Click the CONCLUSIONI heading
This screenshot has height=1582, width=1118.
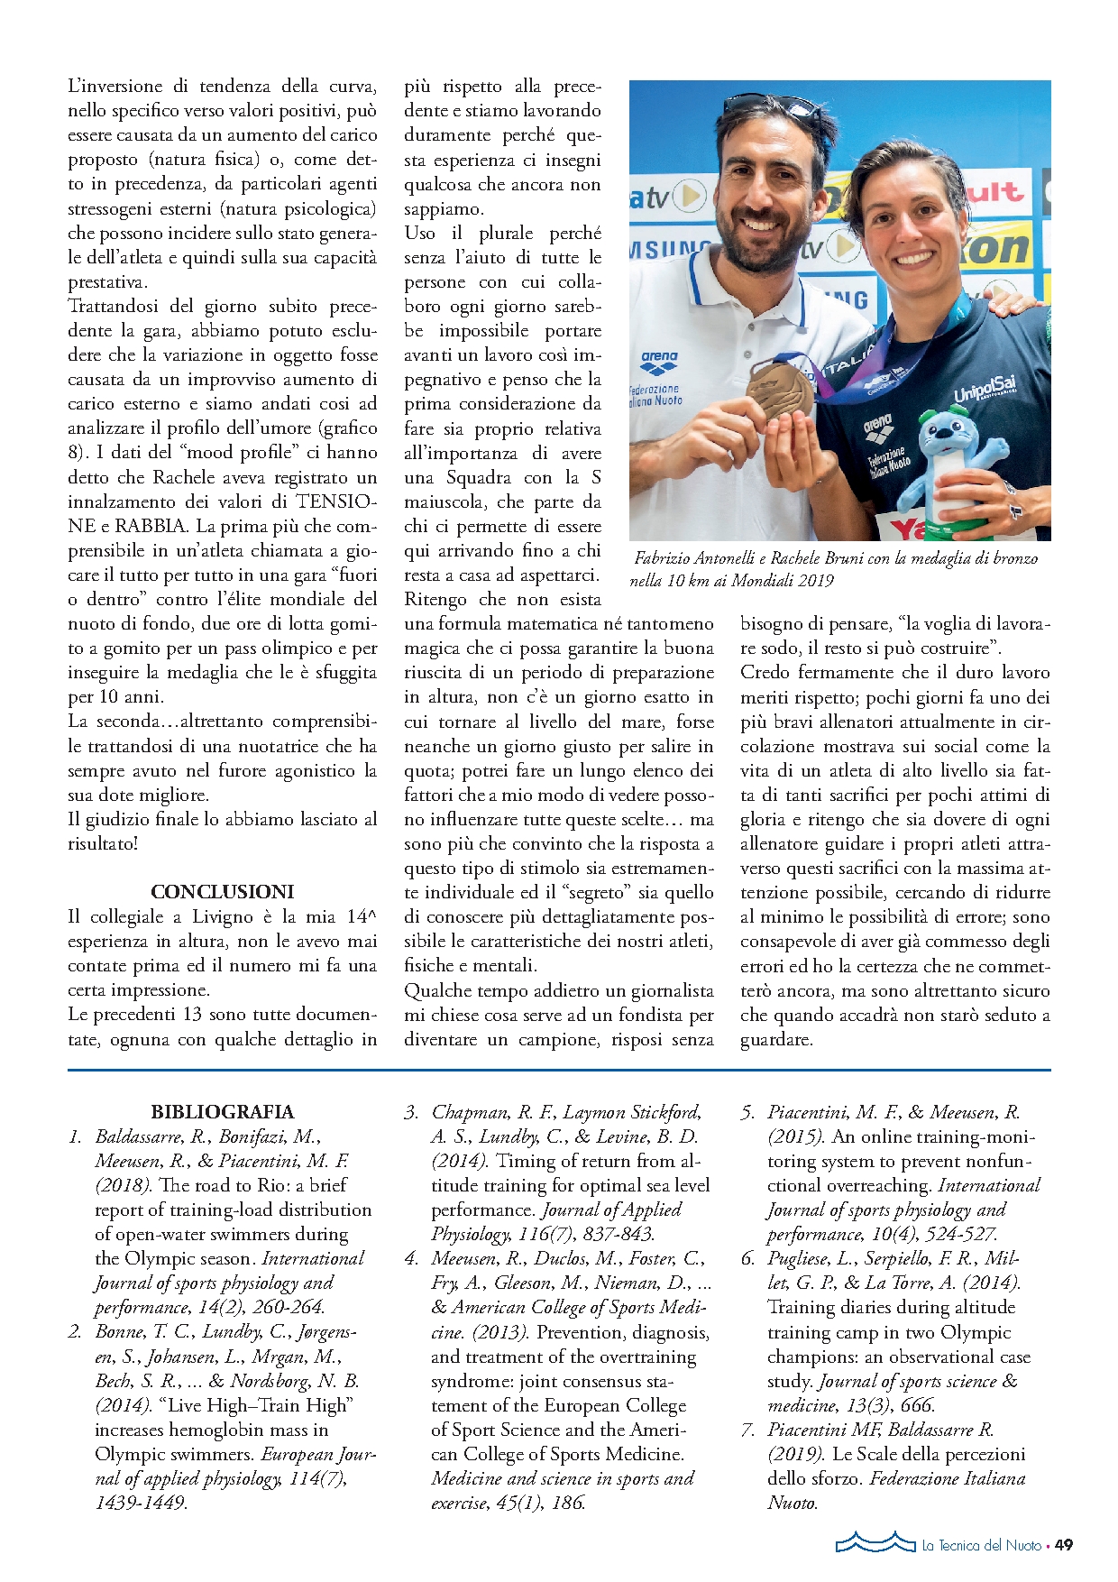[223, 892]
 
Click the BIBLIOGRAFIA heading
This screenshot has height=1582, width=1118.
[223, 1112]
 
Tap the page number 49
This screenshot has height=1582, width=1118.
[1064, 1545]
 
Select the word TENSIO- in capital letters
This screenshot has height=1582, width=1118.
[337, 501]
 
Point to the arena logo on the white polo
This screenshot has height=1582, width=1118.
[660, 362]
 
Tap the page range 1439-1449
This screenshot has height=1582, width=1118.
[141, 1503]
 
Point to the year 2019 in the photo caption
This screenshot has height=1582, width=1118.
[814, 581]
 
